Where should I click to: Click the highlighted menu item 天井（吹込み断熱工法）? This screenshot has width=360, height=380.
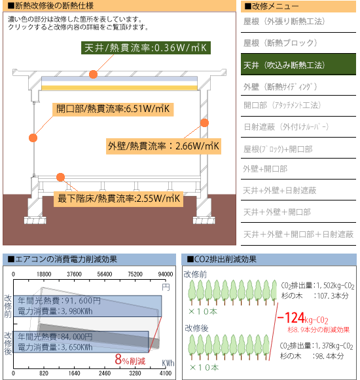[x=298, y=64]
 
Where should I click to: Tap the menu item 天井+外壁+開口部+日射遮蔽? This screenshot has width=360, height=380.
[x=298, y=235]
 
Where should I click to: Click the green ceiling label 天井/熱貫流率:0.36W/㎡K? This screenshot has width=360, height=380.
[x=146, y=48]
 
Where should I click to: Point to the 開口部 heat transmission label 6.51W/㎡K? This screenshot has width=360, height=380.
[x=113, y=109]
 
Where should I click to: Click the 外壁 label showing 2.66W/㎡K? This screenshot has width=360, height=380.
[x=164, y=146]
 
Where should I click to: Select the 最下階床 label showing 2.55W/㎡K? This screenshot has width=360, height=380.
[x=118, y=199]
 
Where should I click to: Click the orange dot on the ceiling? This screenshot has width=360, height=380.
[x=93, y=75]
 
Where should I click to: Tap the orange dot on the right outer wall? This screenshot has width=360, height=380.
[x=205, y=123]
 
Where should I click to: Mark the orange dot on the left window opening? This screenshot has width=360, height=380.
[x=33, y=138]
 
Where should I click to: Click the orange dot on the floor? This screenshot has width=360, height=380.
[x=60, y=177]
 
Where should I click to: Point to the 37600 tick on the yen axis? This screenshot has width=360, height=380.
[x=74, y=274]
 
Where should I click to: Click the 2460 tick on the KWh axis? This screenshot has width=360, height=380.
[x=105, y=373]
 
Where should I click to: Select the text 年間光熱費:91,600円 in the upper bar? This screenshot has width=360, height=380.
[x=59, y=301]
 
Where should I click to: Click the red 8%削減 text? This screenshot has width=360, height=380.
[x=130, y=360]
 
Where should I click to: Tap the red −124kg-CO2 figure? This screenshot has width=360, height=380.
[x=302, y=318]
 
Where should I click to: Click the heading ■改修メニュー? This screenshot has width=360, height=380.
[x=272, y=7]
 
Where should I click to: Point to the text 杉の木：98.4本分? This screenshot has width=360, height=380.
[x=312, y=356]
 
